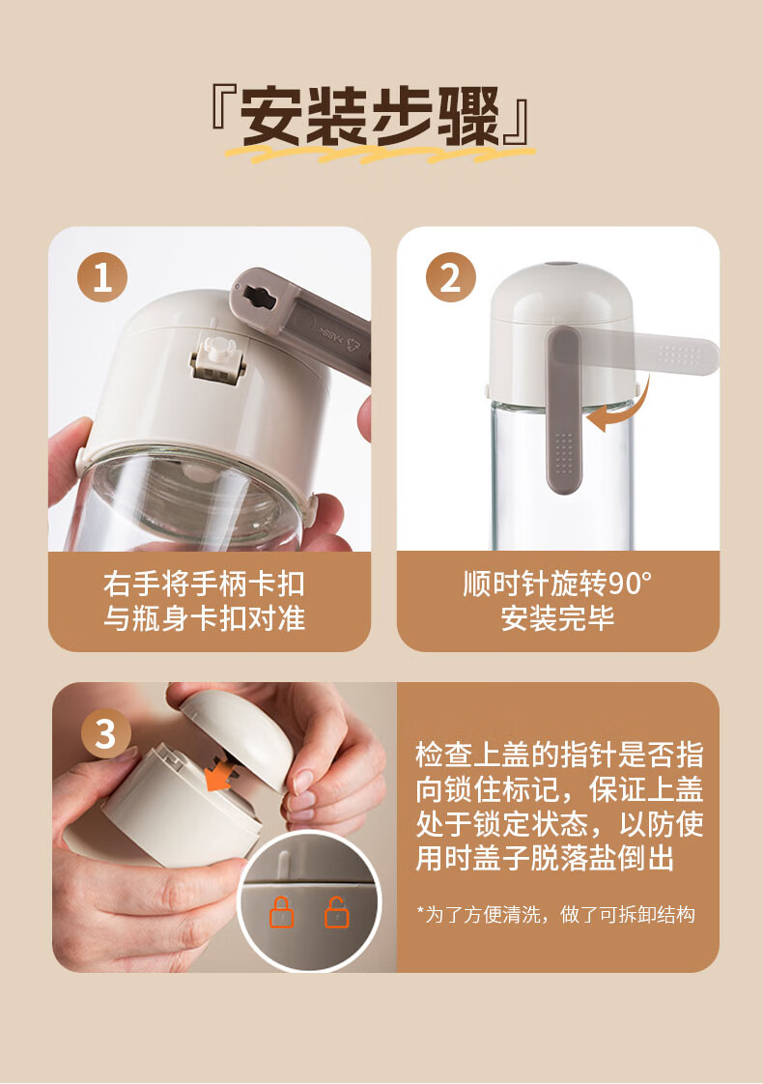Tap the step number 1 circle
[x=102, y=277]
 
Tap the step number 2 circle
[x=451, y=277]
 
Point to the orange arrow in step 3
[x=220, y=772]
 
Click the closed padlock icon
[x=281, y=912]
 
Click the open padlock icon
[x=336, y=912]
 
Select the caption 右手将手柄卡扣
[x=204, y=585]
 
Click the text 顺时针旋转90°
[x=557, y=585]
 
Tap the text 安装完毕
[x=557, y=618]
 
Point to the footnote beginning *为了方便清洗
[x=555, y=915]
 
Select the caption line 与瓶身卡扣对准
[x=204, y=618]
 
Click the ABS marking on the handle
[x=329, y=331]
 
